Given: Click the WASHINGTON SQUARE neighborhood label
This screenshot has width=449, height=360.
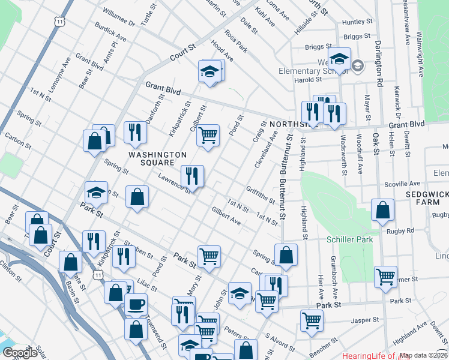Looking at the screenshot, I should pyautogui.click(x=157, y=159).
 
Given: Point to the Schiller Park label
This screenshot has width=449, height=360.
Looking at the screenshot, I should pyautogui.click(x=349, y=239).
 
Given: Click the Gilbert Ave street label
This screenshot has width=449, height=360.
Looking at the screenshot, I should pyautogui.click(x=226, y=216).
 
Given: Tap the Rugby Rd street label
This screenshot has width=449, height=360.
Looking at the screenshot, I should pyautogui.click(x=400, y=230).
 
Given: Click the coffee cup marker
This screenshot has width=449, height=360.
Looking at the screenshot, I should pyautogui.click(x=136, y=304).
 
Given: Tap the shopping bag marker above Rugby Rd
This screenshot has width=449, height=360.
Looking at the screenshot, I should pyautogui.click(x=382, y=209).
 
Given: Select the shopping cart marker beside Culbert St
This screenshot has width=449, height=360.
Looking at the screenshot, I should pyautogui.click(x=208, y=136).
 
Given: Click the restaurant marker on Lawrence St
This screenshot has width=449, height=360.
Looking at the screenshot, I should pyautogui.click(x=192, y=175).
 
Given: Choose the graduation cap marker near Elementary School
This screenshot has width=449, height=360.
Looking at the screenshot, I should pyautogui.click(x=339, y=60).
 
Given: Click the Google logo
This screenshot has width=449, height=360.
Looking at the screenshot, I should pyautogui.click(x=20, y=353).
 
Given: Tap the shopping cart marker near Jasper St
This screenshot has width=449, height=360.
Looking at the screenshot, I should pyautogui.click(x=312, y=320).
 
